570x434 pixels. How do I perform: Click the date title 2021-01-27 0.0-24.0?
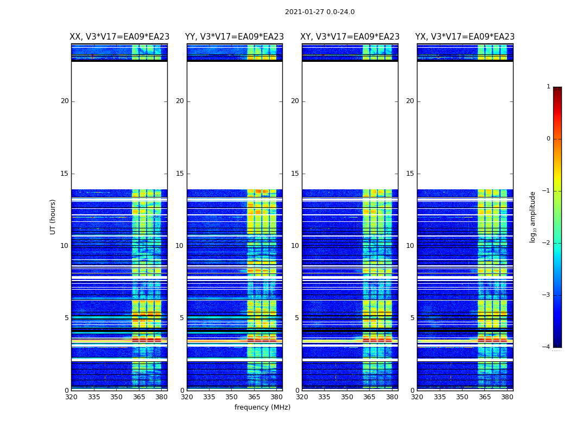pyautogui.click(x=320, y=12)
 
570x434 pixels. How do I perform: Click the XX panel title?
pyautogui.click(x=119, y=37)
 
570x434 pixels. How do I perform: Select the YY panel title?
pyautogui.click(x=235, y=37)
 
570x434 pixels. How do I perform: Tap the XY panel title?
pyautogui.click(x=350, y=37)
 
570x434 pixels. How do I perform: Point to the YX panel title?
pyautogui.click(x=465, y=37)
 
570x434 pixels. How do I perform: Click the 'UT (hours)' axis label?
pyautogui.click(x=53, y=216)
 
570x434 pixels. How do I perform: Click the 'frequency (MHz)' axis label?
pyautogui.click(x=262, y=407)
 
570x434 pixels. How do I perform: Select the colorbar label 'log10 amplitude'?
pyautogui.click(x=533, y=216)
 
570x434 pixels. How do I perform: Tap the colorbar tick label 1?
pyautogui.click(x=548, y=87)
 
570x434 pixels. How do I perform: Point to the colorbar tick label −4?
pyautogui.click(x=547, y=347)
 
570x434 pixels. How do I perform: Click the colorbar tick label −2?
pyautogui.click(x=547, y=243)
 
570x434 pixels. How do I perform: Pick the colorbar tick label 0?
pyautogui.click(x=548, y=139)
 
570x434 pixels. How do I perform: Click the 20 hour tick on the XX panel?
pyautogui.click(x=65, y=101)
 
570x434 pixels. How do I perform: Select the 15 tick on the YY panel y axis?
pyautogui.click(x=180, y=174)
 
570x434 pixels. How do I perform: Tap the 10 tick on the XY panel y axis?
pyautogui.click(x=295, y=246)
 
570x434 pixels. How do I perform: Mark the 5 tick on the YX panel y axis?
pyautogui.click(x=413, y=318)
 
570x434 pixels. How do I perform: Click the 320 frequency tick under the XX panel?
pyautogui.click(x=71, y=397)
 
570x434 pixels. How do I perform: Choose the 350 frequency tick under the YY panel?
pyautogui.click(x=231, y=397)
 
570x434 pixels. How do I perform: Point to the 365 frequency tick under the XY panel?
pyautogui.click(x=369, y=397)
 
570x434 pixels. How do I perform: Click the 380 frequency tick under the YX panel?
pyautogui.click(x=507, y=397)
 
